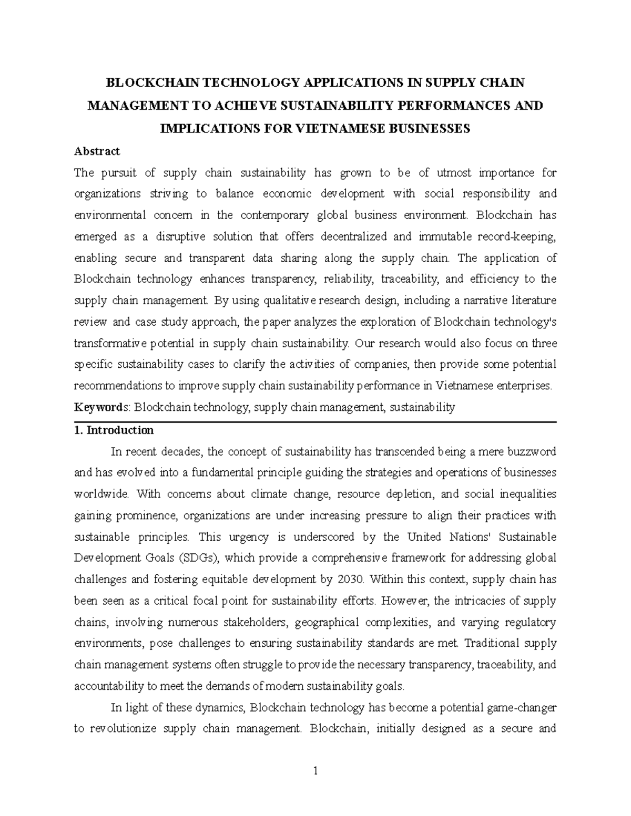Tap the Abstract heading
97,151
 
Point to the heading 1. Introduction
114,430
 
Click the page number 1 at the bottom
315,771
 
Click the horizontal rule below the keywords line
315,421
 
